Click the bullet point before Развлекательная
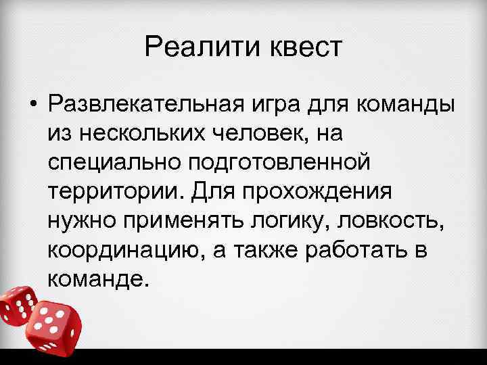(32, 105)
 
